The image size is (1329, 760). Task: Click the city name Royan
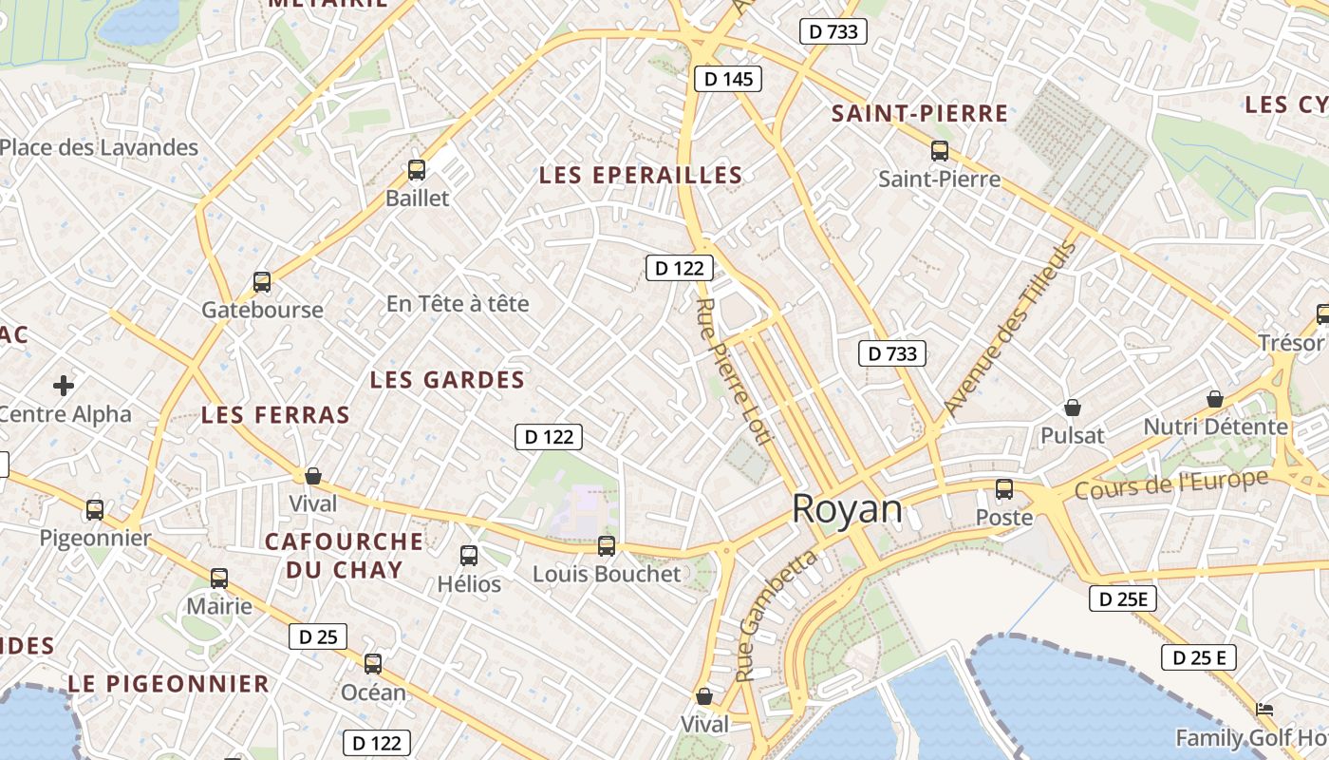pyautogui.click(x=847, y=509)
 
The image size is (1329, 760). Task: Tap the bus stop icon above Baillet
pyautogui.click(x=416, y=170)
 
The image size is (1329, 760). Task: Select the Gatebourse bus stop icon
pyautogui.click(x=262, y=282)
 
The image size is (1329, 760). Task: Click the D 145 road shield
pyautogui.click(x=729, y=79)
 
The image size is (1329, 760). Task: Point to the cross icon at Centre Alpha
pyautogui.click(x=64, y=385)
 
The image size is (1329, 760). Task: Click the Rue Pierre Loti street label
pyautogui.click(x=736, y=370)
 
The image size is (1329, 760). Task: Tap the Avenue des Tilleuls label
pyautogui.click(x=1011, y=328)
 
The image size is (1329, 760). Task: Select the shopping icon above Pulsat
pyautogui.click(x=1073, y=408)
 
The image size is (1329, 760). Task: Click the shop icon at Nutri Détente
pyautogui.click(x=1214, y=399)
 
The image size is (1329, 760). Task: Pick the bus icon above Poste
pyautogui.click(x=1004, y=489)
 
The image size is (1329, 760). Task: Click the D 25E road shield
pyautogui.click(x=1123, y=598)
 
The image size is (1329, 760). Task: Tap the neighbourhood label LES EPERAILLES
pyautogui.click(x=641, y=175)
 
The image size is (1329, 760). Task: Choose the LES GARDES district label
pyautogui.click(x=447, y=380)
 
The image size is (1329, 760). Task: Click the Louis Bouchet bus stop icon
pyautogui.click(x=607, y=546)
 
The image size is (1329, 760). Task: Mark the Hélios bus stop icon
pyautogui.click(x=469, y=556)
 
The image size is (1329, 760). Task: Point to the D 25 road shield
pyautogui.click(x=318, y=636)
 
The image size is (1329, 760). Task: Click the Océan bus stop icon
pyautogui.click(x=373, y=664)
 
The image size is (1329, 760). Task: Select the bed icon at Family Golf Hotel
pyautogui.click(x=1263, y=710)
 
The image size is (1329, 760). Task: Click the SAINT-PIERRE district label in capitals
pyautogui.click(x=920, y=114)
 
